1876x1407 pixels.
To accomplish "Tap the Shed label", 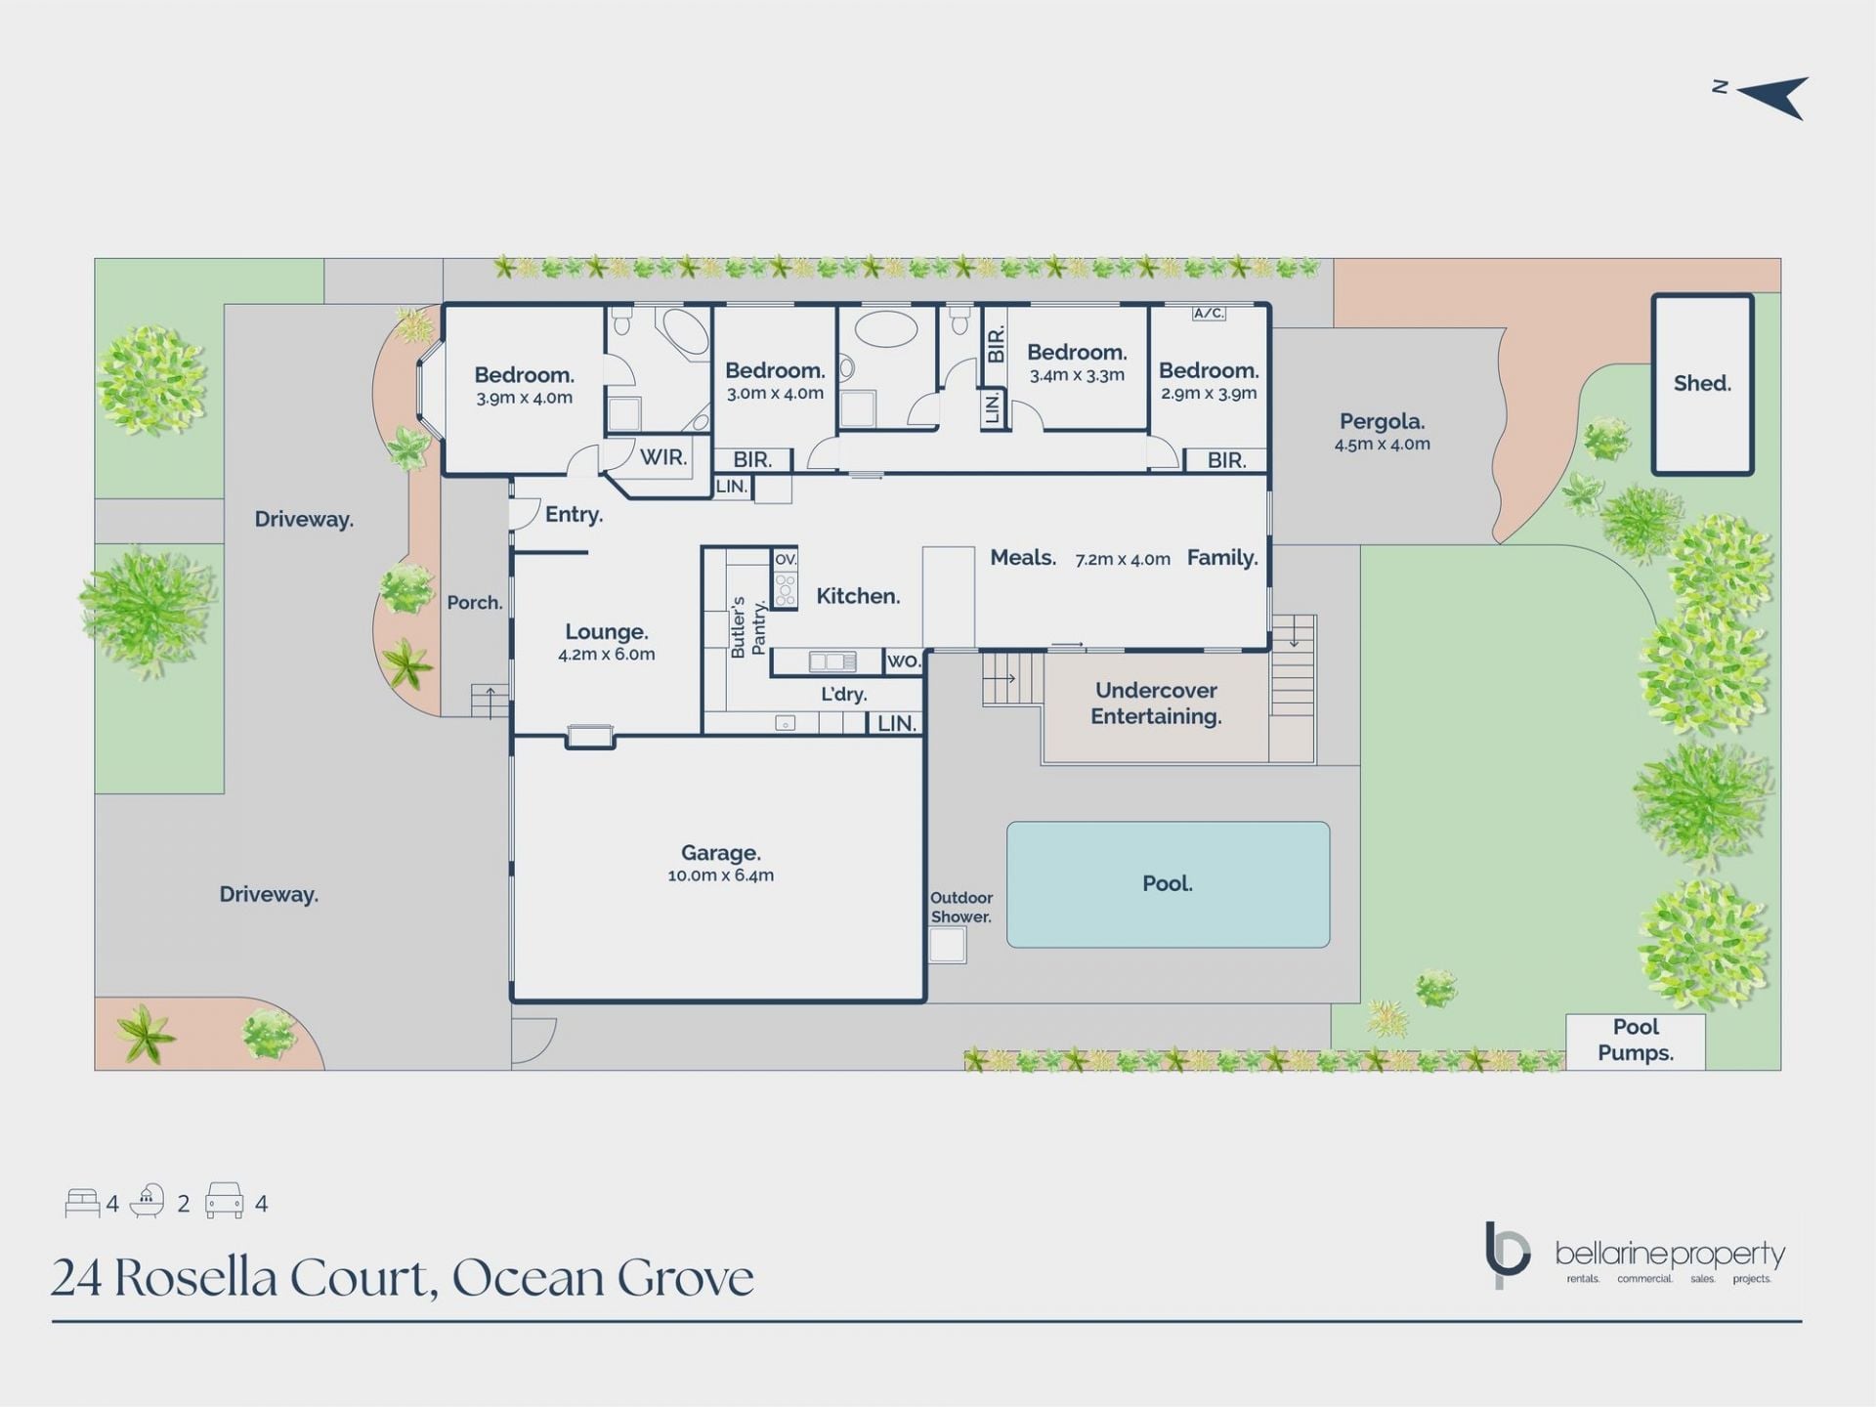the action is (1702, 383).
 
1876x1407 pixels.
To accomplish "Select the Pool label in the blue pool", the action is (1168, 883).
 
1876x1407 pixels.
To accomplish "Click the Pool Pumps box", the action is (1636, 1041).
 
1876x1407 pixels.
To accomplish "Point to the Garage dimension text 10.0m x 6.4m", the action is (721, 875).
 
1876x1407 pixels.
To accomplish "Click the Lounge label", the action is (606, 632).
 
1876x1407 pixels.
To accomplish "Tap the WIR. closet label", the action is (663, 456).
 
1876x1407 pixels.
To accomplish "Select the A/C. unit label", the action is (1209, 314).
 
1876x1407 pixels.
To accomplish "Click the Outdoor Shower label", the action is (961, 907).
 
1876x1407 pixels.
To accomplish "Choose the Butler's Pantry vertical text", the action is (747, 626).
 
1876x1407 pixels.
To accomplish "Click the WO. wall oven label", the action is (904, 661).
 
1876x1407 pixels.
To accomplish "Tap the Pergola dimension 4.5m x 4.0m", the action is (1383, 444).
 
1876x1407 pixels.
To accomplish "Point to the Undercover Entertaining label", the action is (1156, 703).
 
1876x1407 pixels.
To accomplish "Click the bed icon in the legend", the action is (82, 1203).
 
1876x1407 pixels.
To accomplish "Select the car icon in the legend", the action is (224, 1202).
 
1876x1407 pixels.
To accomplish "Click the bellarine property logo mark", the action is (1507, 1254).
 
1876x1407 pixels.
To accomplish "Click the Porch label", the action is (475, 603).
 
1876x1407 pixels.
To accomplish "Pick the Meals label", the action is (1023, 558).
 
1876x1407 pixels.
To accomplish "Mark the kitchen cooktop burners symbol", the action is (786, 589).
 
